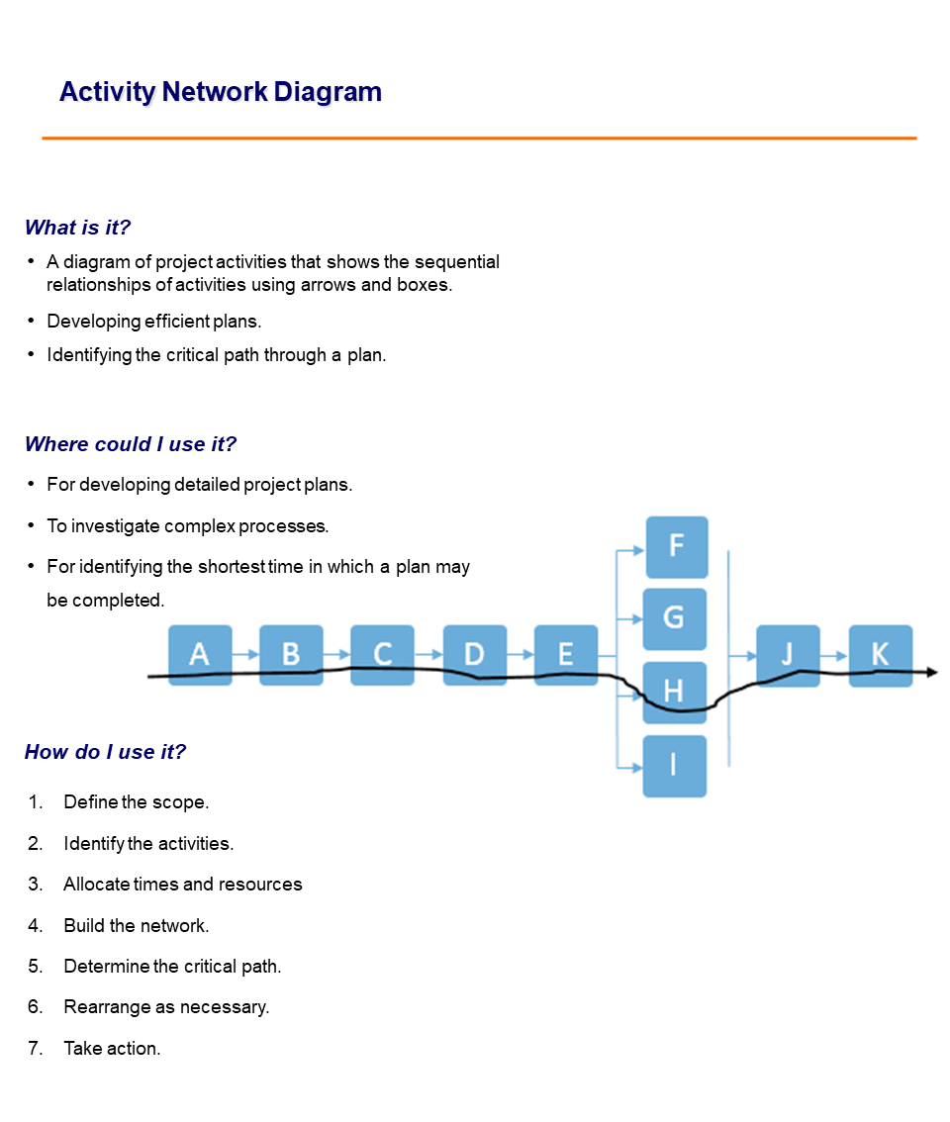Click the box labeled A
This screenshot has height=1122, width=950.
[200, 655]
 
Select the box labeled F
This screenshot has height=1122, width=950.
[677, 546]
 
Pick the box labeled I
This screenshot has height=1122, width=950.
[674, 766]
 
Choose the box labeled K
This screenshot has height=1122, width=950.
[880, 655]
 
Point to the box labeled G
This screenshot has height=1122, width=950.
[674, 618]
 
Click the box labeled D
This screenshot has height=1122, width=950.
[474, 655]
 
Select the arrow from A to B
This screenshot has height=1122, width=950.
[245, 655]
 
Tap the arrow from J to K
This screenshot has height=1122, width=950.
[834, 655]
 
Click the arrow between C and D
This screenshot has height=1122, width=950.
[428, 655]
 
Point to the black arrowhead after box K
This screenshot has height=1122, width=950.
[931, 673]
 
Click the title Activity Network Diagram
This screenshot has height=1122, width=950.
[220, 92]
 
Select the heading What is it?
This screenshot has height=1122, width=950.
[77, 228]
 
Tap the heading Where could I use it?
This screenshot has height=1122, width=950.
[131, 444]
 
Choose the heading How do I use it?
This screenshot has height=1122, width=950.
[105, 752]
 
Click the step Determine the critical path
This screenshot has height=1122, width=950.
[172, 967]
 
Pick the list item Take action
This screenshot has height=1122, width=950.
[112, 1049]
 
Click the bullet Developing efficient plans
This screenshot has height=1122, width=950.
[153, 322]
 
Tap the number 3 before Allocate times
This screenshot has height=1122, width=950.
[35, 885]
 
